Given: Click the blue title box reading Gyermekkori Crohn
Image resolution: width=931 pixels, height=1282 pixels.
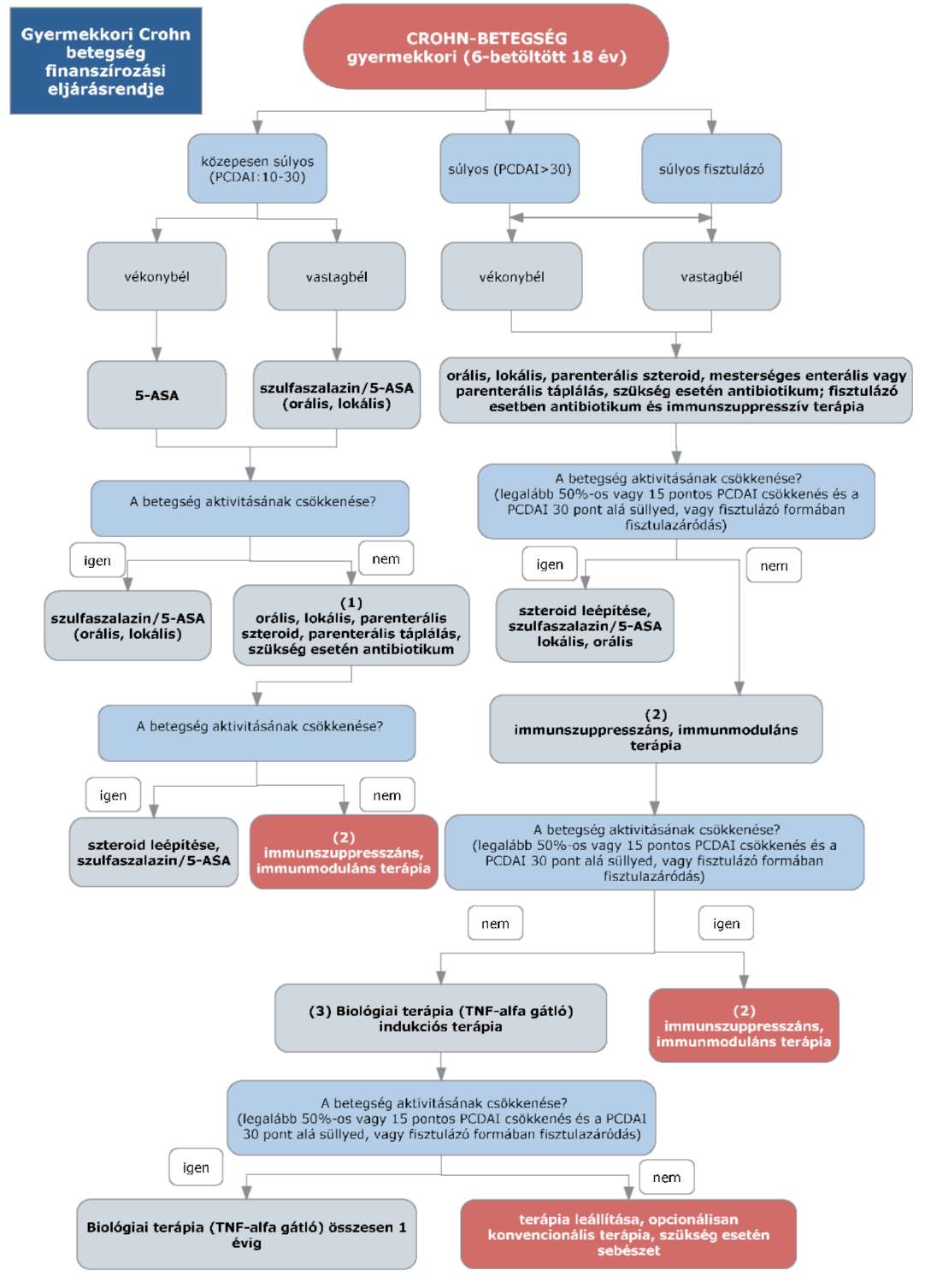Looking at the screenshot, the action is point(106,61).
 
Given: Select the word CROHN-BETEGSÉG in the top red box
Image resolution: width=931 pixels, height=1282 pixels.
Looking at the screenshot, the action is point(486,38).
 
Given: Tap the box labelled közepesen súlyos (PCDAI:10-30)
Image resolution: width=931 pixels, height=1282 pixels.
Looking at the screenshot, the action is point(257,168).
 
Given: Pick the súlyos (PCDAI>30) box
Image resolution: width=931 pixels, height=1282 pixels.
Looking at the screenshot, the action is point(510,168).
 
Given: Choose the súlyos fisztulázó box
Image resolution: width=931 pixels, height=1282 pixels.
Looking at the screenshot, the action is point(711,168).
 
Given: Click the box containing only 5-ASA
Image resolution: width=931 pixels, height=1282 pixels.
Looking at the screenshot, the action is point(156,395).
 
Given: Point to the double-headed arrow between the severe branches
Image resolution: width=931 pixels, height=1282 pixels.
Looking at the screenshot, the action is point(610,217).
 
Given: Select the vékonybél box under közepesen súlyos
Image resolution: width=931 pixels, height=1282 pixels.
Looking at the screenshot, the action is point(156,276).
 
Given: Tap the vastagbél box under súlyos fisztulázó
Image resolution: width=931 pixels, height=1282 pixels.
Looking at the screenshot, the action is point(711,276).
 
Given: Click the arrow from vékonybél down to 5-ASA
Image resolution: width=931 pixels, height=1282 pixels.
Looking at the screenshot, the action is point(156,335).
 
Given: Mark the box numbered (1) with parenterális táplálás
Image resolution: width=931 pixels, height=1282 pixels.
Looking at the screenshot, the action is point(351,625).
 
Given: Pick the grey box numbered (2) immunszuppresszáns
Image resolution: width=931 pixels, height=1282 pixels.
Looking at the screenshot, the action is point(656,730).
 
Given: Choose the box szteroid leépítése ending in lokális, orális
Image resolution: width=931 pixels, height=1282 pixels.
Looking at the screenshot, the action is point(585,625).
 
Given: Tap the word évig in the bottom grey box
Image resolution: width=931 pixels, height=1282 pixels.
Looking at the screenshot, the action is point(246,1243).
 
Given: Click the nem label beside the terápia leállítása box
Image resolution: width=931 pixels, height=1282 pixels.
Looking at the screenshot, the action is point(667,1178).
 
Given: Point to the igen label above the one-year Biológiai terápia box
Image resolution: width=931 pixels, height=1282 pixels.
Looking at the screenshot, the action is point(196,1167).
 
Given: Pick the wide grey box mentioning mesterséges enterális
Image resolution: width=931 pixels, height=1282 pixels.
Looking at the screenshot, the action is point(675,391).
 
